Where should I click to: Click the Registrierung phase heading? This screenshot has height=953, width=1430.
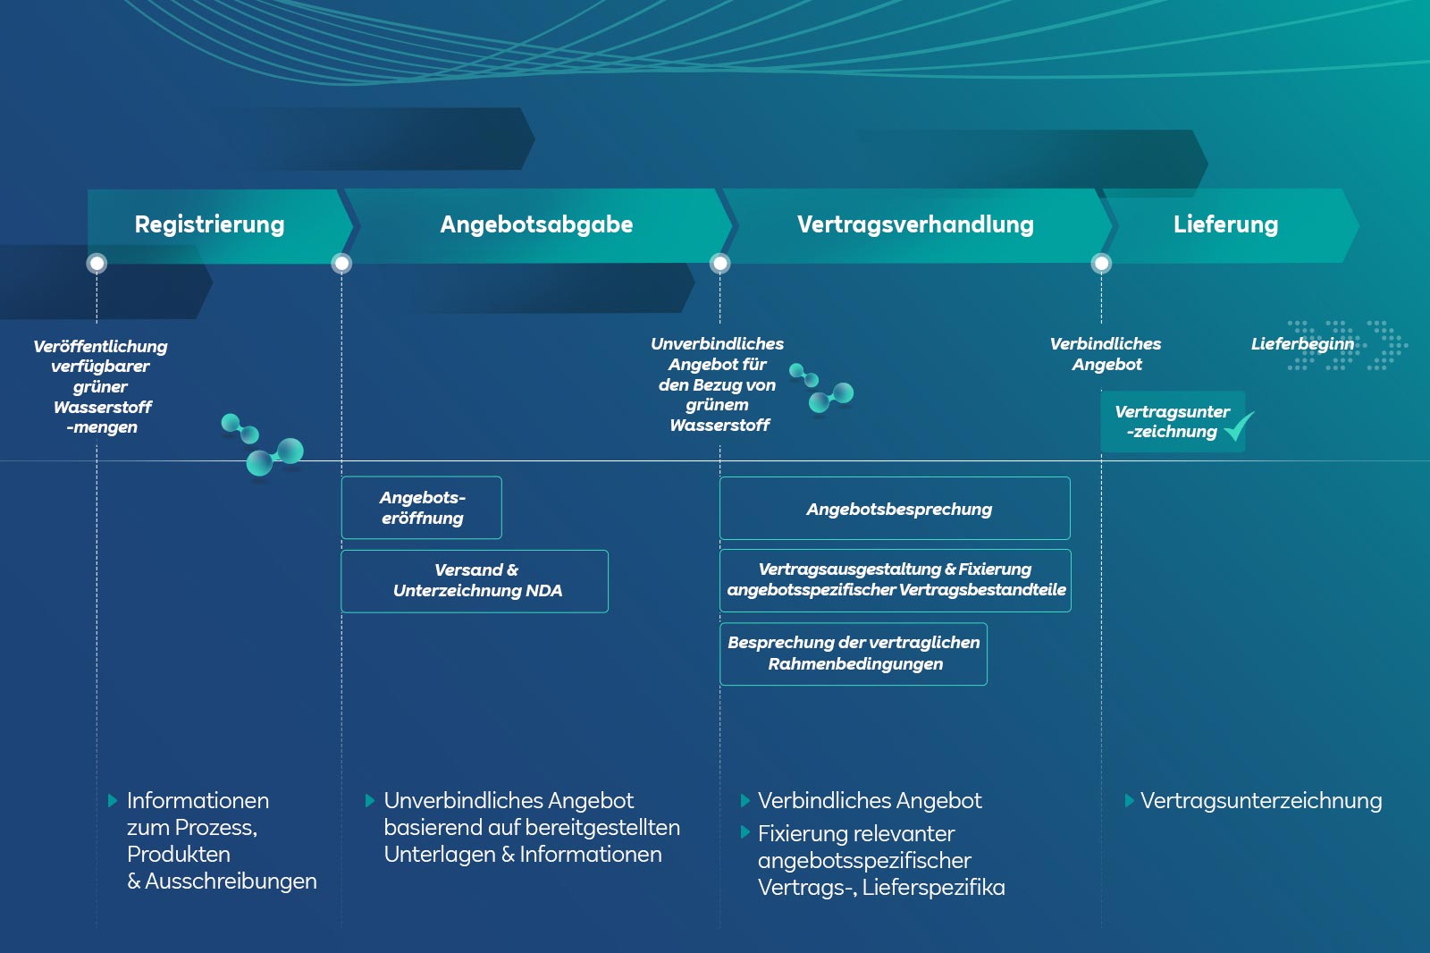point(209,224)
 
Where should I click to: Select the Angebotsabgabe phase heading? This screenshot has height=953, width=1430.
point(536,224)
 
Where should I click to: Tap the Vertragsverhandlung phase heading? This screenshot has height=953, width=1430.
point(915,224)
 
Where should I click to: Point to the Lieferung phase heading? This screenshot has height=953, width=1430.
point(1225,224)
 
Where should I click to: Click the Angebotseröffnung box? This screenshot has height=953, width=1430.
point(422,508)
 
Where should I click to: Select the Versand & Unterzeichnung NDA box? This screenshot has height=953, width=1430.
point(475,581)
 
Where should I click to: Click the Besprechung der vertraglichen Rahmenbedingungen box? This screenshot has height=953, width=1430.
point(854,654)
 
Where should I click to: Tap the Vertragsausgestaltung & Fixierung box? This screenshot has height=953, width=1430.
point(896,580)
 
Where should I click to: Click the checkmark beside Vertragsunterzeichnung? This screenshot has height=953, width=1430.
point(1239,426)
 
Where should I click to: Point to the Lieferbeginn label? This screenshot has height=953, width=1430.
point(1302,344)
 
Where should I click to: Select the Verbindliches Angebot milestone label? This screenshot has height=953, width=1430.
point(1106,354)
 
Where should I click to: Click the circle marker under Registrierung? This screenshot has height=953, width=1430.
point(97,264)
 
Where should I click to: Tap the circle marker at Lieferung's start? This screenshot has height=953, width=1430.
point(1101,264)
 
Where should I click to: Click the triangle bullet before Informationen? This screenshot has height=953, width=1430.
point(113,801)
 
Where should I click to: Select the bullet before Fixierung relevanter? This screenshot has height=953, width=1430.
point(745,833)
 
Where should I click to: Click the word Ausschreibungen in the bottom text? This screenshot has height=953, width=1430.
point(231,881)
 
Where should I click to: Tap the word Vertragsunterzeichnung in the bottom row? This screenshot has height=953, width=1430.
point(1261,801)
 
